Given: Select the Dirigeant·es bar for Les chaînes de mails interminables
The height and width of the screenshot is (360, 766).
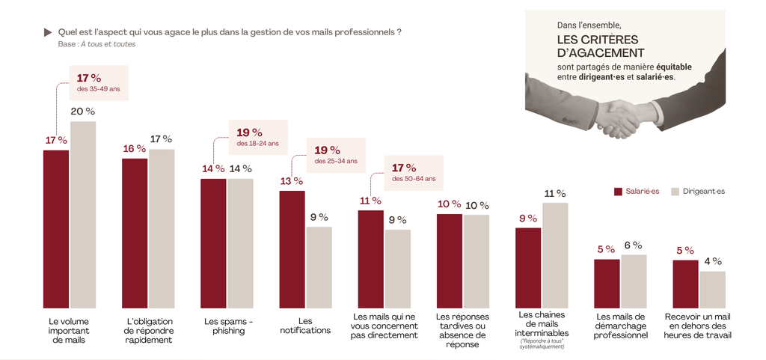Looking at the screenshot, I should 555,255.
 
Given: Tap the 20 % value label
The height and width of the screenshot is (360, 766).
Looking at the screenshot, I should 82,112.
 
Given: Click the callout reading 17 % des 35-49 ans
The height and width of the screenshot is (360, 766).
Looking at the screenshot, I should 98,82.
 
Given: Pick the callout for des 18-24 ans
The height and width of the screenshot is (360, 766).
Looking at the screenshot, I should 257,137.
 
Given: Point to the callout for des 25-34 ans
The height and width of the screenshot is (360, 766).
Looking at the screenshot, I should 336,154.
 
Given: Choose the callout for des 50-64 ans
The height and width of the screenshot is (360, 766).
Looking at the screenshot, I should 413,173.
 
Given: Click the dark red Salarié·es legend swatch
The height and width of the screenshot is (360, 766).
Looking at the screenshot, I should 618,192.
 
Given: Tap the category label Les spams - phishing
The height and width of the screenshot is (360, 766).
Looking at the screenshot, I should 228,326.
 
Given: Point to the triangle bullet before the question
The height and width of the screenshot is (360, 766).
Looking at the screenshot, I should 48,32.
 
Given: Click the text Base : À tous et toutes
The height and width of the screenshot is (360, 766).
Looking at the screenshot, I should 96,44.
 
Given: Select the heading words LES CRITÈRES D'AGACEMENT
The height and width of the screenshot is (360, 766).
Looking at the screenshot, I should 601,46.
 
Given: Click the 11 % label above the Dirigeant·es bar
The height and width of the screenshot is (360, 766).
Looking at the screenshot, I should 554,194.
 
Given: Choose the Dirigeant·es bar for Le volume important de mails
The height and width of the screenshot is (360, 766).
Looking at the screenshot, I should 82,215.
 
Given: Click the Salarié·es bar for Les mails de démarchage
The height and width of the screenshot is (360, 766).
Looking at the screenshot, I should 607,284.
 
